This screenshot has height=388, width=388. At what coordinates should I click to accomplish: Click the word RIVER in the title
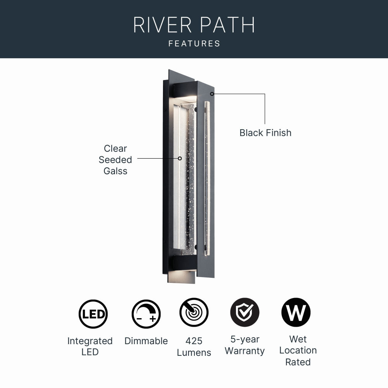coord(163,25)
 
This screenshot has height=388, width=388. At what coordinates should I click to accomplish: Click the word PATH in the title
coord(227,25)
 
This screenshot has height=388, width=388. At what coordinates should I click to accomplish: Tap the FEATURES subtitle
coord(194,44)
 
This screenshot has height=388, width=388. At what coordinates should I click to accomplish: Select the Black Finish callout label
coord(265,133)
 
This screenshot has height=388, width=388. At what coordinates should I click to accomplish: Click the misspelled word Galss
coord(115,171)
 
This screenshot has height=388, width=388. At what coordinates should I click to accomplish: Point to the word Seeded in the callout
coord(115,160)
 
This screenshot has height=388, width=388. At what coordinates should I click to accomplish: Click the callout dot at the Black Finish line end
coord(212,94)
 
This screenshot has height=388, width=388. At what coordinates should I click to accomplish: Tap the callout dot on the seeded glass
coord(180,158)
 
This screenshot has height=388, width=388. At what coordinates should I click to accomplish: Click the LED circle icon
coord(93,314)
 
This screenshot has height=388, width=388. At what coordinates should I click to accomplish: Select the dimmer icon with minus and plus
coord(146,314)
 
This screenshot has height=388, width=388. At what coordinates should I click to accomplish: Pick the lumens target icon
coord(194,312)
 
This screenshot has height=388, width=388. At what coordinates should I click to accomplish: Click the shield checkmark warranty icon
coord(245,312)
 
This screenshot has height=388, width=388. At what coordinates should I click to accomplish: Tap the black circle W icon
coord(296,312)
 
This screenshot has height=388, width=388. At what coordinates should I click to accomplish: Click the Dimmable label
coord(146,341)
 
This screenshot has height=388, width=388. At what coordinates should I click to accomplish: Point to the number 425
coord(194,341)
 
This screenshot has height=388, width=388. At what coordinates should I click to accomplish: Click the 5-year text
coord(245,339)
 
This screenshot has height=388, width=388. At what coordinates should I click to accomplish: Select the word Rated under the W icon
coord(298,362)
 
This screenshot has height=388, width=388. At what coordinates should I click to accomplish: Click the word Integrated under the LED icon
coord(90,341)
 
